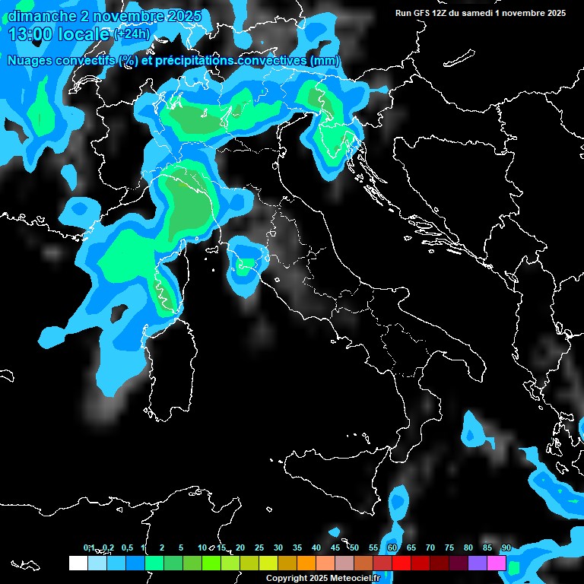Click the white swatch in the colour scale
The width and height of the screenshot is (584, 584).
(78, 563)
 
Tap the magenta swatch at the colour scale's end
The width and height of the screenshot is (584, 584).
(497, 563)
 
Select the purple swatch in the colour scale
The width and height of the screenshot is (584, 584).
(478, 563)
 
